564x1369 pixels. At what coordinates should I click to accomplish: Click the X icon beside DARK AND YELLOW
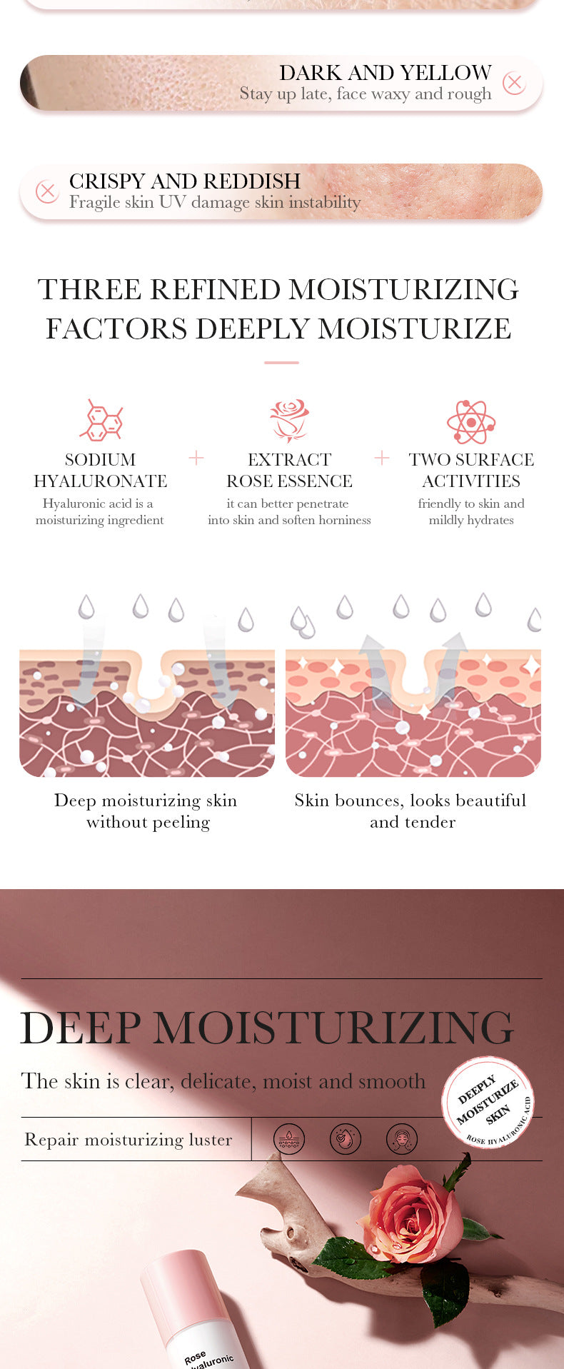(x=514, y=83)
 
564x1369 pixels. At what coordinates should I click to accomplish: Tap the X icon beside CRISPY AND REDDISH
(x=47, y=191)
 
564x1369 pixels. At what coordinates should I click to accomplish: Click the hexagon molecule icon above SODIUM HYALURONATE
(x=101, y=420)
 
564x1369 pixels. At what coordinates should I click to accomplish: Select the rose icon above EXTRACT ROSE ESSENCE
(x=289, y=421)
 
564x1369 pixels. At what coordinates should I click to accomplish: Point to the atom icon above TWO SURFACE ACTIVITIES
(x=471, y=421)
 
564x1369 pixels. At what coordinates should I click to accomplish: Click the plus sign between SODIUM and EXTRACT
(x=196, y=458)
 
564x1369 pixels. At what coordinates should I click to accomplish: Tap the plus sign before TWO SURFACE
(x=382, y=458)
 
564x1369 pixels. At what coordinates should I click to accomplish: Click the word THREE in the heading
(x=89, y=290)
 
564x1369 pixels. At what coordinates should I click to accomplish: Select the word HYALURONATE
(x=101, y=481)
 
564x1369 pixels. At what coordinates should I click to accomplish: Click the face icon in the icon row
(x=401, y=1138)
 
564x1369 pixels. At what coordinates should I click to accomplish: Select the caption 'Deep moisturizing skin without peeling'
(x=146, y=811)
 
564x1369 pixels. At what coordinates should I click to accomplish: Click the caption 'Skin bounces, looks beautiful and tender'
(x=411, y=811)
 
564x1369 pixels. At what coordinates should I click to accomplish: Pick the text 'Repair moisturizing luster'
(x=129, y=1140)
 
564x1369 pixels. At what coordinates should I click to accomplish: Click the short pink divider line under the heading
(x=281, y=363)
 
